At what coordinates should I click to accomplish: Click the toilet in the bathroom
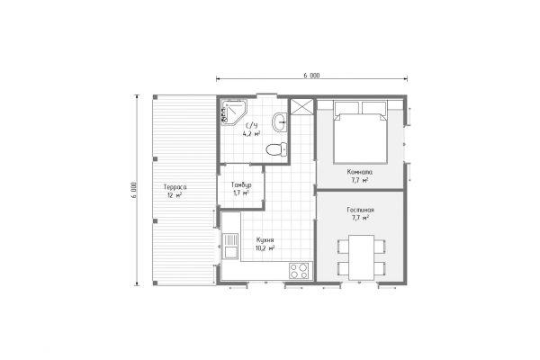[x=276, y=149]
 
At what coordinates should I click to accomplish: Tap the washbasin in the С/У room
[x=280, y=121]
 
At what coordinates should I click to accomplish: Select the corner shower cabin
[x=234, y=112]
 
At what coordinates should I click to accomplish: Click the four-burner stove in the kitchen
[x=299, y=271]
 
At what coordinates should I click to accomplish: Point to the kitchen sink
[x=230, y=246]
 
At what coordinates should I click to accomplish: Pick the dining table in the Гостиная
[x=361, y=257]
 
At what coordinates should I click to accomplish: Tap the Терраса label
[x=175, y=187]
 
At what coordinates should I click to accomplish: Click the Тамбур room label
[x=241, y=185]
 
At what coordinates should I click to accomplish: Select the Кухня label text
[x=265, y=240]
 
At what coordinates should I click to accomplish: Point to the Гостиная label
[x=361, y=210]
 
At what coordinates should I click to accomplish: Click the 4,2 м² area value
[x=251, y=134]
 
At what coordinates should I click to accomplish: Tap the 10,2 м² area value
[x=265, y=248]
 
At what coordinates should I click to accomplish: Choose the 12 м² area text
[x=175, y=195]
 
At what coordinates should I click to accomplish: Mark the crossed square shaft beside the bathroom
[x=301, y=106]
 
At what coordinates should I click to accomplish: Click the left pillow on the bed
[x=346, y=107]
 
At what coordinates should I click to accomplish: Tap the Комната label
[x=359, y=172]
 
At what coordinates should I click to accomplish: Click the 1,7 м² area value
[x=240, y=193]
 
